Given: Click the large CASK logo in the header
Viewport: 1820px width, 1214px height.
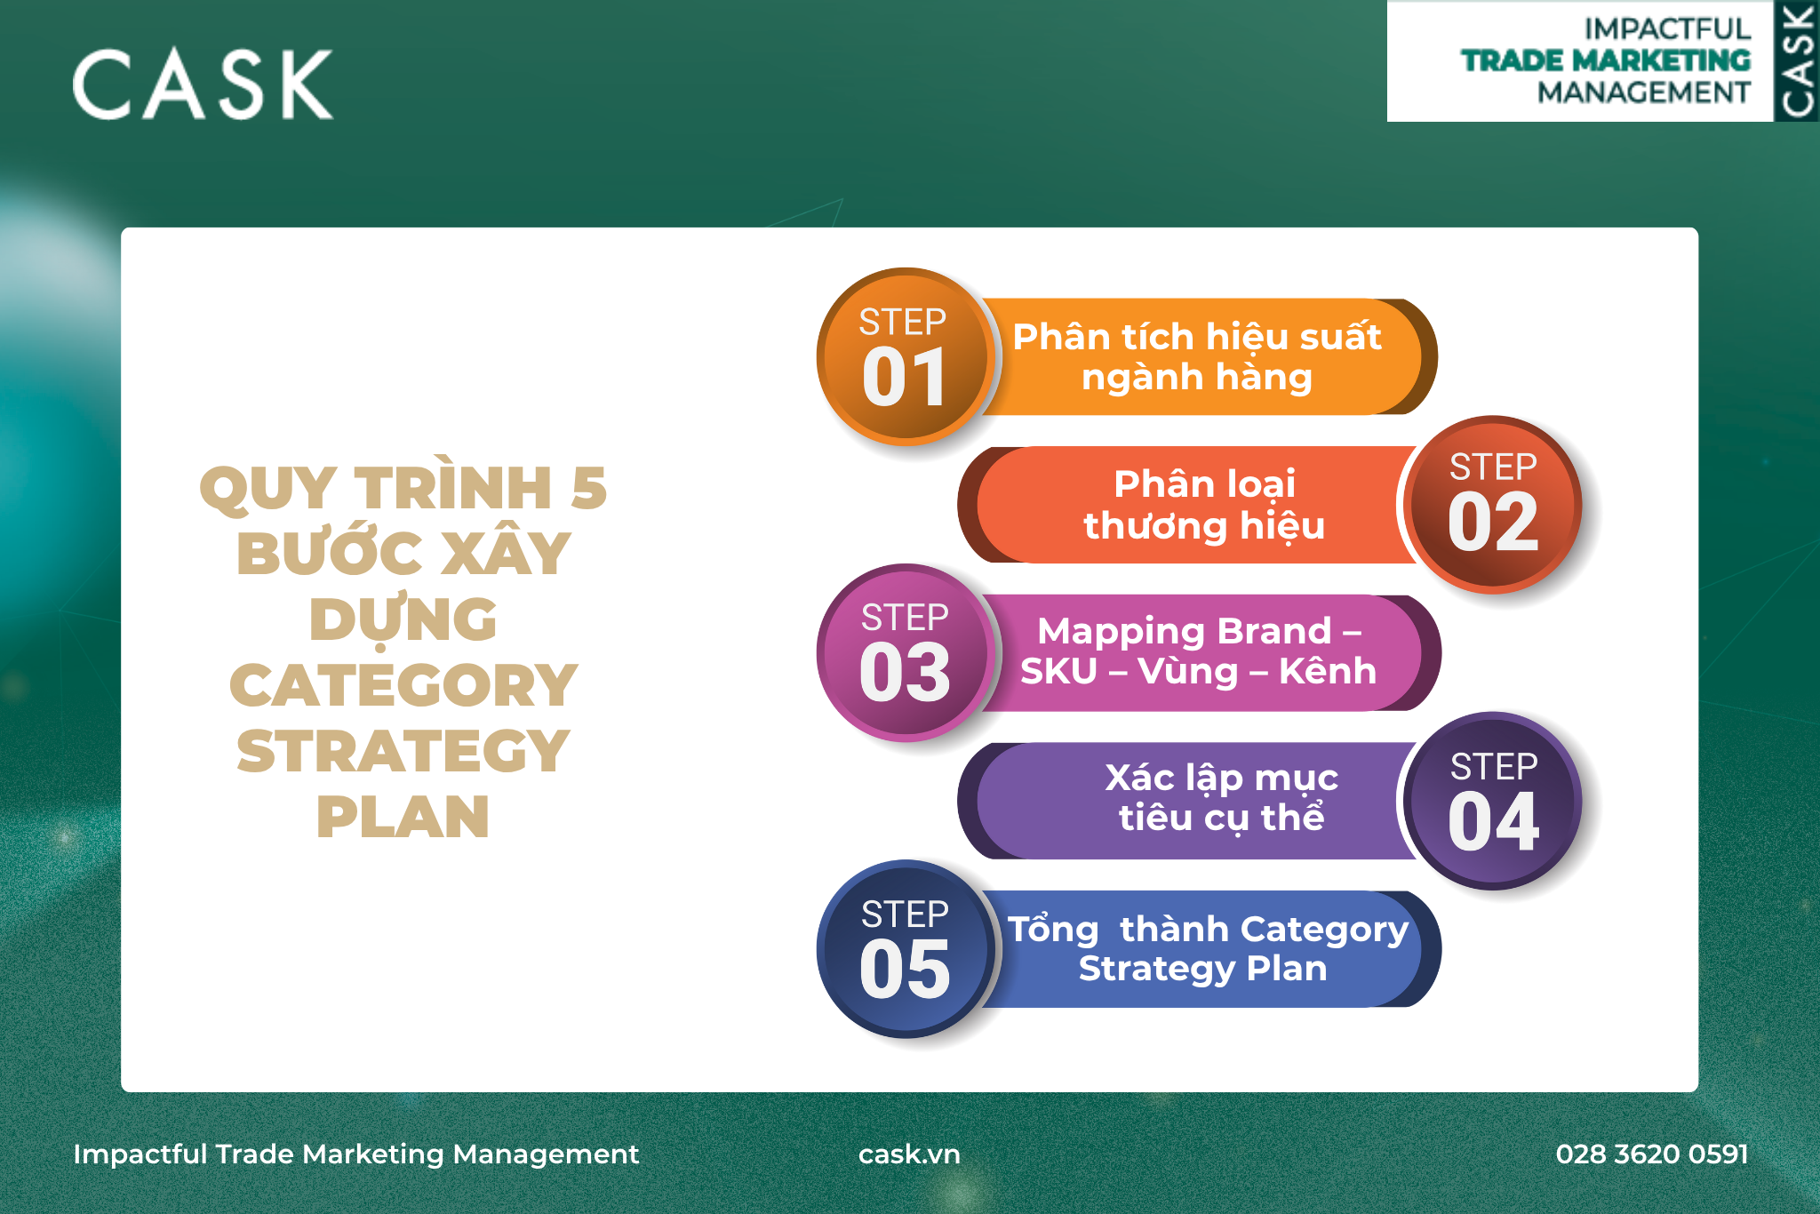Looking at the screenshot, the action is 203,84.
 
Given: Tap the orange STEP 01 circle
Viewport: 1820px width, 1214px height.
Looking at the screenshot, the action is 905,356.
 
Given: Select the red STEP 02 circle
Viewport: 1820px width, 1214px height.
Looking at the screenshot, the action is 1494,504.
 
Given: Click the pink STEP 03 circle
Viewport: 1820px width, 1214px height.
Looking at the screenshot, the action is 905,652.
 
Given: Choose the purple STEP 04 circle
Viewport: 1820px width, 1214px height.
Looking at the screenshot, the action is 1494,801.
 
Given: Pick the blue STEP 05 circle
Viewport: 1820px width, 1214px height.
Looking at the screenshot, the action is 905,948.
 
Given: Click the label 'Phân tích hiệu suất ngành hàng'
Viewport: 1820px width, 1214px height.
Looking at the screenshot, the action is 1197,356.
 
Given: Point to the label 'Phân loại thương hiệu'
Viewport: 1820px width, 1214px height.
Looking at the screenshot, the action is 1204,505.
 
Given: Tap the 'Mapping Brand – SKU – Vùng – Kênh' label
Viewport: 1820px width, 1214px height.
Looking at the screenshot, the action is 1198,651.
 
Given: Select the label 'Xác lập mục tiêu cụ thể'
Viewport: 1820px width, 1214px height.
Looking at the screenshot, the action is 1221,798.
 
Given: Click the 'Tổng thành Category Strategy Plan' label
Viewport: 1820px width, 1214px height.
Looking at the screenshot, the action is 1208,948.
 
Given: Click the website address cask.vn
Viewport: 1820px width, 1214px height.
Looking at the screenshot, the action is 909,1154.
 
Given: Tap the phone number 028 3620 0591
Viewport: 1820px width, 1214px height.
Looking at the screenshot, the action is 1652,1154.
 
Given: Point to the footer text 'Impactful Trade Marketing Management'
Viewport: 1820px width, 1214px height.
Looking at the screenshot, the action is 355,1154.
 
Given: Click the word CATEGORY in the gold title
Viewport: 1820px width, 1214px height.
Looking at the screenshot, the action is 403,685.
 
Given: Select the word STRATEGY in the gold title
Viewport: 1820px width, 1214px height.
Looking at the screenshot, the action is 403,751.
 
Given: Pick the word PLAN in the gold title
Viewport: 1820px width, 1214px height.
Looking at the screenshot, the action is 403,817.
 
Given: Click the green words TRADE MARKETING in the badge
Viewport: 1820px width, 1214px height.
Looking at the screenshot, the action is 1606,60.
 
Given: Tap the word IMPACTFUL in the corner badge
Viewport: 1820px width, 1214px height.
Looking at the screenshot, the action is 1667,29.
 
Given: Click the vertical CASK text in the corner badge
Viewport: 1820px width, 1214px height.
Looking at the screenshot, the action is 1797,60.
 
